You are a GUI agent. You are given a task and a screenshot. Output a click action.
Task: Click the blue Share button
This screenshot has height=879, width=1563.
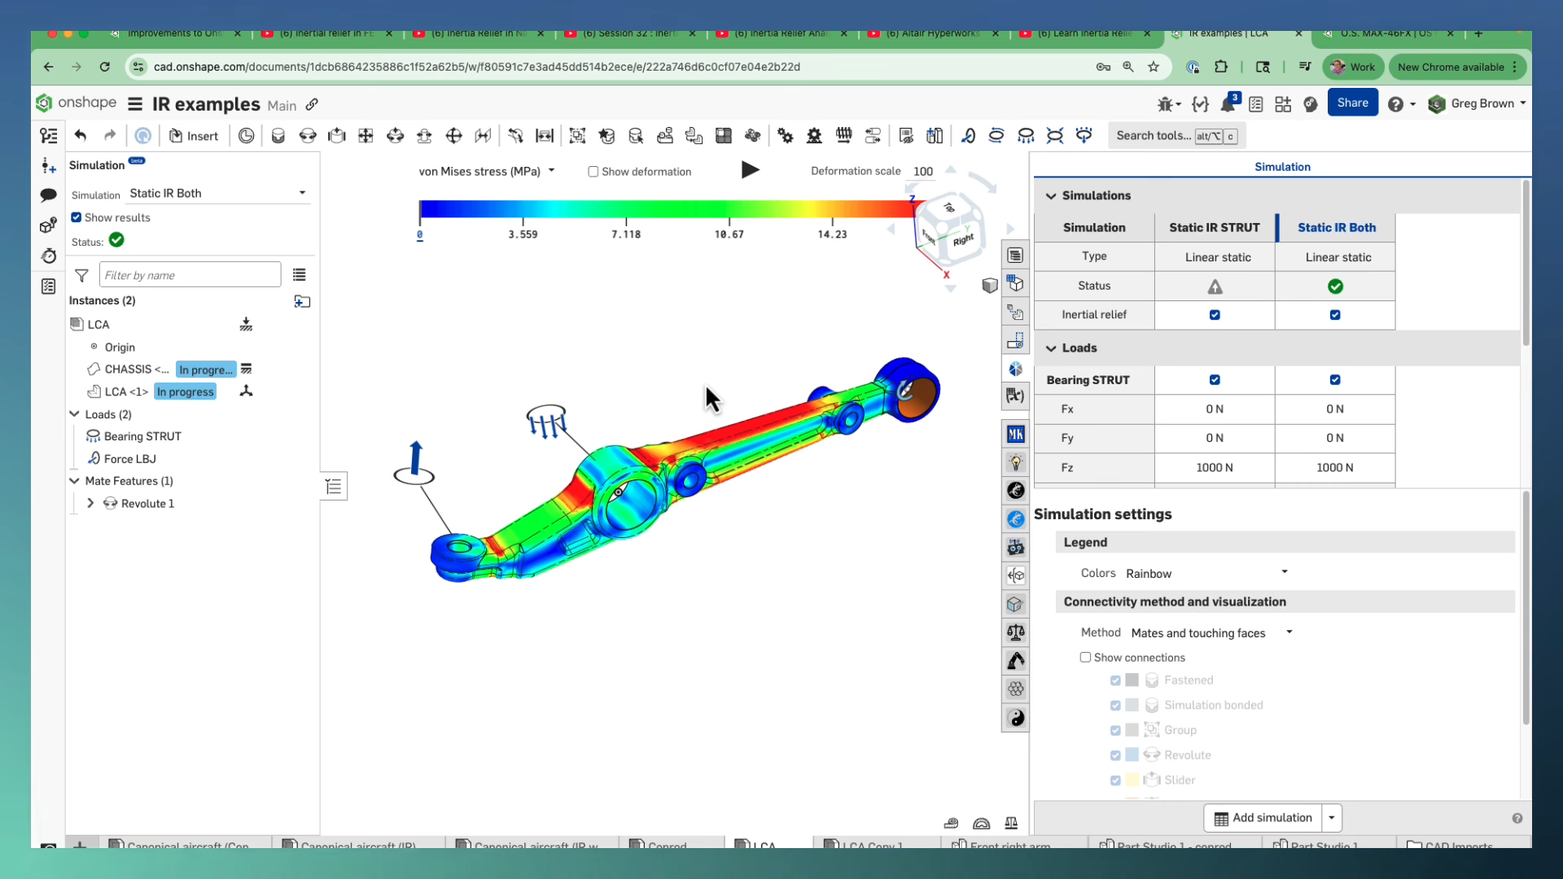coord(1352,103)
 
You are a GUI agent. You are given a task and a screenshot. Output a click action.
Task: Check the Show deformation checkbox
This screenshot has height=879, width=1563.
coord(593,172)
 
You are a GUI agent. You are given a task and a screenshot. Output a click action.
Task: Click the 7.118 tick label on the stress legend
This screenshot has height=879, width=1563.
coord(626,234)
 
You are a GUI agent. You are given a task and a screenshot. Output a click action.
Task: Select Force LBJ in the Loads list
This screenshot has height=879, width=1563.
coord(129,459)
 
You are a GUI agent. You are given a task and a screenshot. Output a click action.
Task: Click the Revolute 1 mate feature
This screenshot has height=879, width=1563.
coord(147,504)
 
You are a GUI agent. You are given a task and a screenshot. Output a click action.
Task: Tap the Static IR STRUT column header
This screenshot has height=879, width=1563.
coord(1214,228)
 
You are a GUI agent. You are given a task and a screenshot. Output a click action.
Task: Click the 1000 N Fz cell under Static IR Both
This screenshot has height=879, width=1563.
coord(1334,468)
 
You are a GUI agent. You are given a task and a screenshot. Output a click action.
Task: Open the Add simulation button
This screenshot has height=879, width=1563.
coord(1263,818)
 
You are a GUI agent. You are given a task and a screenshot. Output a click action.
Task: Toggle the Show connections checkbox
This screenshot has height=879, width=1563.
coord(1085,658)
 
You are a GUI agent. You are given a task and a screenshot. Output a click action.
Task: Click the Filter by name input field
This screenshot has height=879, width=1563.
coord(190,275)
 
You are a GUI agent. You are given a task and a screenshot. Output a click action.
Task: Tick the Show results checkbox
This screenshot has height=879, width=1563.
coord(77,217)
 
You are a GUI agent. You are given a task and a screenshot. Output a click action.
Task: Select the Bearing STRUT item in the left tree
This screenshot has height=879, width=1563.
coord(142,437)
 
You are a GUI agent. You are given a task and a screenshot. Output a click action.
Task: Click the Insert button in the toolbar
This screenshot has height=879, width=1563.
coord(194,136)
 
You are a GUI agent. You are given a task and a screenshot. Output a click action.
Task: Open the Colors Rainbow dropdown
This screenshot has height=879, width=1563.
coord(1206,574)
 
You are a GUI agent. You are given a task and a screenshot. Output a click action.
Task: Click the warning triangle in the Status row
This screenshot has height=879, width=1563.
coord(1215,286)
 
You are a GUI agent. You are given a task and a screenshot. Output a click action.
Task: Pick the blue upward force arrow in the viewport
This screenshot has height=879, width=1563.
coord(416,458)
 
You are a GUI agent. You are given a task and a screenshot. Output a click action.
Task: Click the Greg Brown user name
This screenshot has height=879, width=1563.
coord(1482,103)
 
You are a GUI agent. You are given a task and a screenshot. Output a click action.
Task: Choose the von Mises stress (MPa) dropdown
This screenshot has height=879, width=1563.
coord(486,172)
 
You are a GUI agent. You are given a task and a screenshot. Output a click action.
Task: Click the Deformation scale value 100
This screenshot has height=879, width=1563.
coord(922,172)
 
